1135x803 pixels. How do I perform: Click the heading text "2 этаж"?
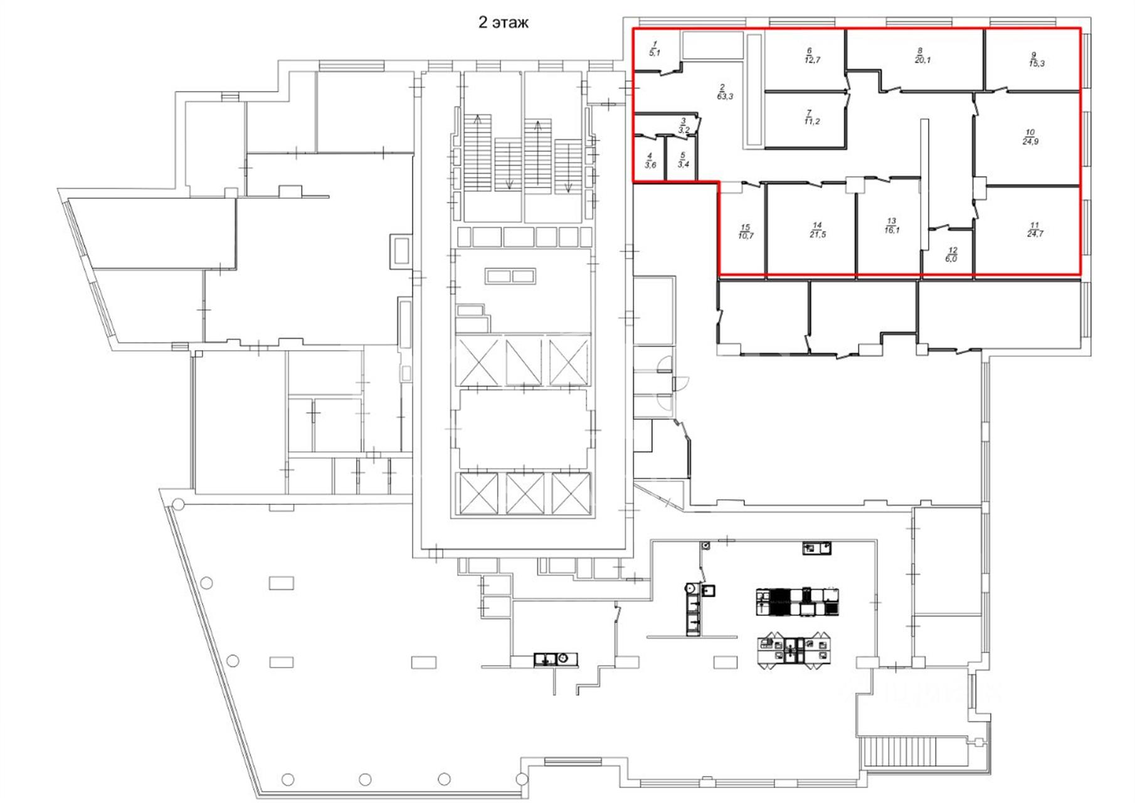(x=504, y=23)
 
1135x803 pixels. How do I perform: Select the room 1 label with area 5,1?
(x=655, y=48)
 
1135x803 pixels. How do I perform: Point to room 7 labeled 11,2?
(x=812, y=117)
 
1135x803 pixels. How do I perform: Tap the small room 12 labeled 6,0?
(x=951, y=254)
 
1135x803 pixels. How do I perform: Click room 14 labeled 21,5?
(x=817, y=230)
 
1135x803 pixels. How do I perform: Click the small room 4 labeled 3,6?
(x=650, y=161)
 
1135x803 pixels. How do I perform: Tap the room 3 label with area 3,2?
(x=684, y=125)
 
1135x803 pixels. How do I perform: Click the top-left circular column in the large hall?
(x=178, y=504)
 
